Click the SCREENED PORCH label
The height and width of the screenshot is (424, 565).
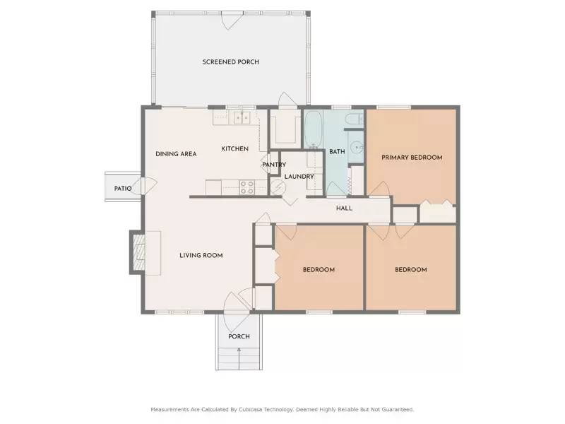pos(230,62)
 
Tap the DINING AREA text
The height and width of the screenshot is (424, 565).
pos(176,154)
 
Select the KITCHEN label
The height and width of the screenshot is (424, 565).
pos(234,149)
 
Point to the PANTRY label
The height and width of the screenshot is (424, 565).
pos(274,165)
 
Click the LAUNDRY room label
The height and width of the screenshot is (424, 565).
pos(299,176)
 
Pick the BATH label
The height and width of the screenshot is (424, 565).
pos(337,151)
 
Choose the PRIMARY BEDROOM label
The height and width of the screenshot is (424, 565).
pos(412,158)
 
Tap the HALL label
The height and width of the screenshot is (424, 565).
pos(344,208)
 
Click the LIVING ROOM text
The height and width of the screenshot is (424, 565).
pos(201,255)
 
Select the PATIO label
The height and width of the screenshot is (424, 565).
pos(123,189)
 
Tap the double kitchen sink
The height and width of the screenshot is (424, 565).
pos(243,118)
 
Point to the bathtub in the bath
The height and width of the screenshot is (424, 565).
pos(314,129)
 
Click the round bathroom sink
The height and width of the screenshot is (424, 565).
pos(357,148)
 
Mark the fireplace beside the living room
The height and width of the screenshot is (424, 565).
pos(138,251)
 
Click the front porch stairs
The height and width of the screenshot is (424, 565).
pos(239,359)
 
